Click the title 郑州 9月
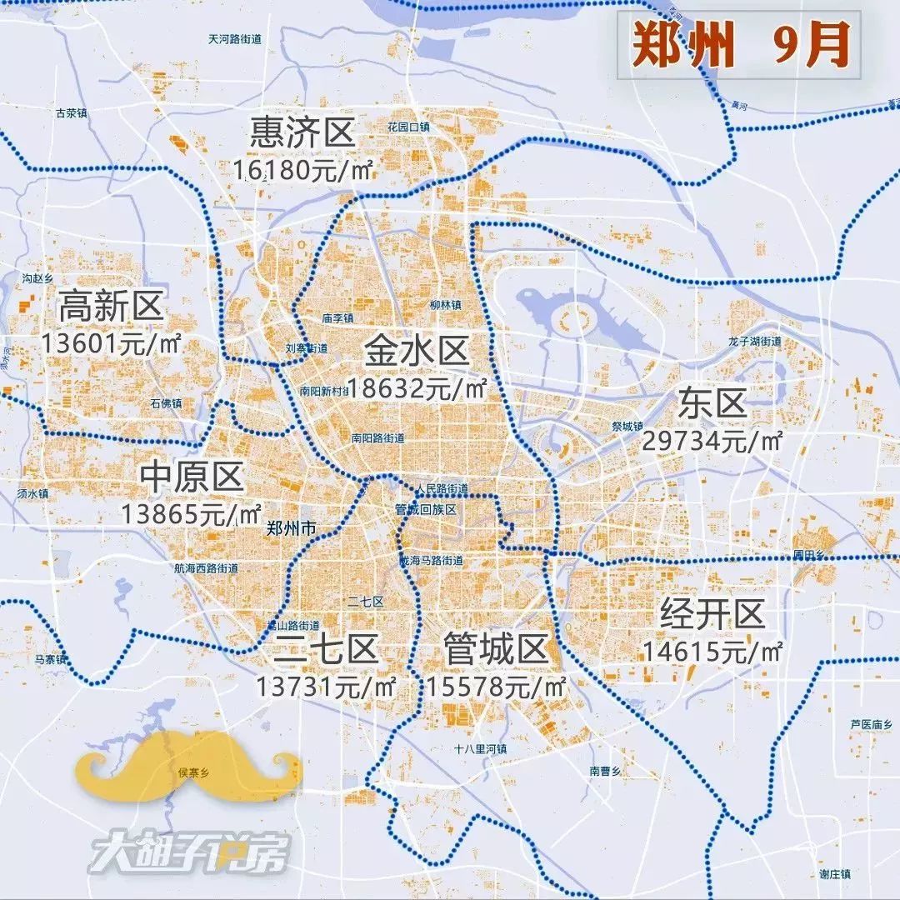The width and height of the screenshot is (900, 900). (x=738, y=46)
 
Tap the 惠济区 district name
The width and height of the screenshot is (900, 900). (x=302, y=132)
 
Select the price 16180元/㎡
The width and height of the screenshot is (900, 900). (x=302, y=169)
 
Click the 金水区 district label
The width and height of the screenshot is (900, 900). (x=417, y=352)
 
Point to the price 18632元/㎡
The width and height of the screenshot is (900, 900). (x=417, y=387)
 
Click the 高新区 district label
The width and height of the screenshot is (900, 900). (x=111, y=307)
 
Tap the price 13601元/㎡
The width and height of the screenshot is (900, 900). (x=111, y=343)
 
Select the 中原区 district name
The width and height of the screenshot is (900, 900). (x=192, y=477)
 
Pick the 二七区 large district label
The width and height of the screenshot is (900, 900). (x=327, y=650)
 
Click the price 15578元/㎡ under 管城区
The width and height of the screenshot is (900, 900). (x=497, y=687)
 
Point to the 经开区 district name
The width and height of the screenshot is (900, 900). (x=712, y=616)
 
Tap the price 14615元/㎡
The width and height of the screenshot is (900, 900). (x=712, y=652)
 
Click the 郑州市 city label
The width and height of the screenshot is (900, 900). (x=292, y=528)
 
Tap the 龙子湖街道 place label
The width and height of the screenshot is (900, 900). (x=755, y=342)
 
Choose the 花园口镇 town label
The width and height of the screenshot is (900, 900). (x=408, y=127)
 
